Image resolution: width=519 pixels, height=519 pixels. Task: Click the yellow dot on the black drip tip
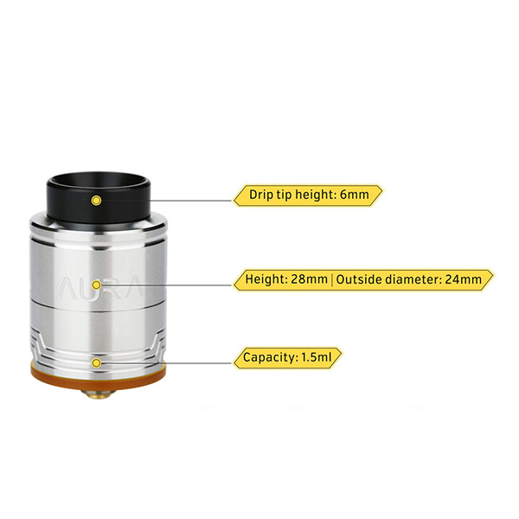pyautogui.click(x=96, y=201)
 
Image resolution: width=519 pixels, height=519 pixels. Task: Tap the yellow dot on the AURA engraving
pyautogui.click(x=96, y=285)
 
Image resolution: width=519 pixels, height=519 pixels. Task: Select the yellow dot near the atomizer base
pyautogui.click(x=96, y=363)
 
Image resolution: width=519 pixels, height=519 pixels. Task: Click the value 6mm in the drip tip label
pyautogui.click(x=355, y=195)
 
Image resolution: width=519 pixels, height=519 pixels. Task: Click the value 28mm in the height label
pyautogui.click(x=309, y=279)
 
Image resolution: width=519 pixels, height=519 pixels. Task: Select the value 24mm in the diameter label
pyautogui.click(x=463, y=279)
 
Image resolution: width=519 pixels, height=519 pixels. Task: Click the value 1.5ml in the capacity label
pyautogui.click(x=317, y=357)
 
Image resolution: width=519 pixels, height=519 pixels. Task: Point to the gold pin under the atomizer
pyautogui.click(x=99, y=394)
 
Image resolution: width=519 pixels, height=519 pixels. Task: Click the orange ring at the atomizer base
pyautogui.click(x=99, y=375)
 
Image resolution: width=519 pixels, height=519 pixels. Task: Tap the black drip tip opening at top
pyautogui.click(x=99, y=179)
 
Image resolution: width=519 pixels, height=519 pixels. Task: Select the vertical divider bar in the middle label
pyautogui.click(x=332, y=279)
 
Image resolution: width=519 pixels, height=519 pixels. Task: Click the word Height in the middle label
pyautogui.click(x=266, y=279)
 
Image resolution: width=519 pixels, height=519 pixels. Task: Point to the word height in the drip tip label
pyautogui.click(x=316, y=195)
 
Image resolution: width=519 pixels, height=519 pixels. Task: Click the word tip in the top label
pyautogui.click(x=285, y=195)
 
